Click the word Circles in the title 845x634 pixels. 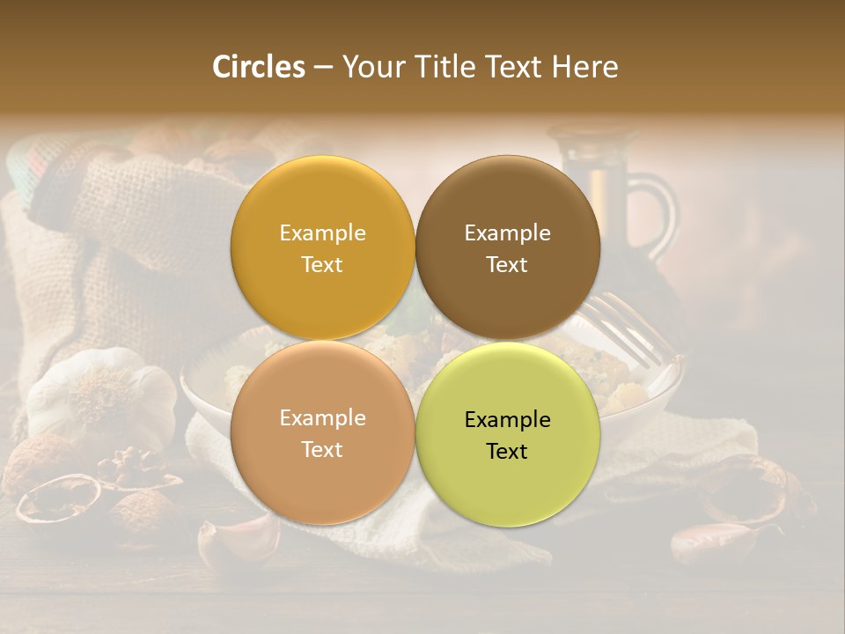[x=259, y=67]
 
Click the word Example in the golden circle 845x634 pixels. [x=322, y=233]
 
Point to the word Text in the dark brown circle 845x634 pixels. [x=507, y=265]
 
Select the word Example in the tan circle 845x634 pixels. [x=322, y=418]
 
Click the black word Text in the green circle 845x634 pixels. [x=507, y=452]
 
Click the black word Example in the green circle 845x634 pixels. [x=507, y=420]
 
